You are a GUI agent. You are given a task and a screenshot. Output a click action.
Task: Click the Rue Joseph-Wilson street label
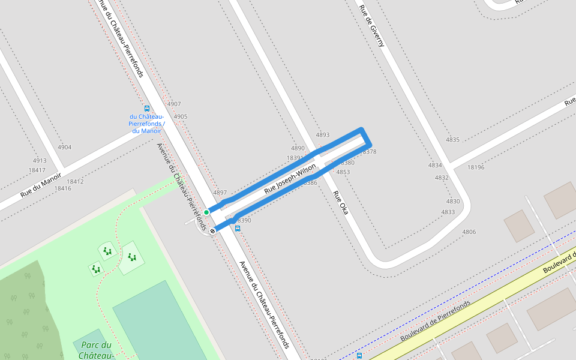point(290,178)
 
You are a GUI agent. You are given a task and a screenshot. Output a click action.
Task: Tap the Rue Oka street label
point(340,203)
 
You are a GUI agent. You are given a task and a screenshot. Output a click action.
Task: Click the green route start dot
point(206,212)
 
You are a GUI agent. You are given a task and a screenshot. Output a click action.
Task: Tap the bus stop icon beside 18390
point(238,229)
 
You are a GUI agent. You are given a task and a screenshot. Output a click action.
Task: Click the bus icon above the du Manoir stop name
point(147,109)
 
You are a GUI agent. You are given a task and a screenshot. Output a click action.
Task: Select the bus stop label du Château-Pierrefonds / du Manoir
point(147,123)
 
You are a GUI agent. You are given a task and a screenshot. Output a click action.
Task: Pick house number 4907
point(173,104)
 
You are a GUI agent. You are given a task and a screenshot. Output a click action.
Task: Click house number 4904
point(64,147)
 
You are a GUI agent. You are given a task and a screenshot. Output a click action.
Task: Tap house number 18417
point(37,170)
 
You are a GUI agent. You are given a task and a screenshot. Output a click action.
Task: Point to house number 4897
point(220,193)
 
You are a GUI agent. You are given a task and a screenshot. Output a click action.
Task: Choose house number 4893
point(323,135)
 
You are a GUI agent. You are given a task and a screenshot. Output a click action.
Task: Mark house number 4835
point(452,140)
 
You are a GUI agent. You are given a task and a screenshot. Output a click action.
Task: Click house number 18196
point(476,167)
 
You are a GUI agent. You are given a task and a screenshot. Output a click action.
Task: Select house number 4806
point(469,232)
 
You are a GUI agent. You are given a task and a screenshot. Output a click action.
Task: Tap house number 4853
point(343,172)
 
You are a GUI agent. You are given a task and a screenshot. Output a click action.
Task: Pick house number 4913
point(40,161)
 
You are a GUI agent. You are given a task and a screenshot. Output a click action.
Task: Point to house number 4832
point(442,178)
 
